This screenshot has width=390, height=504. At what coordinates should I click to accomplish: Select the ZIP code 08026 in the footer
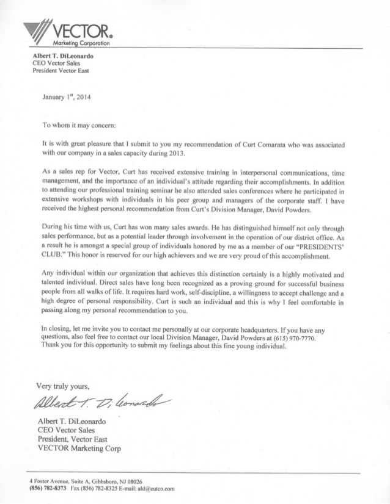[134, 481]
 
